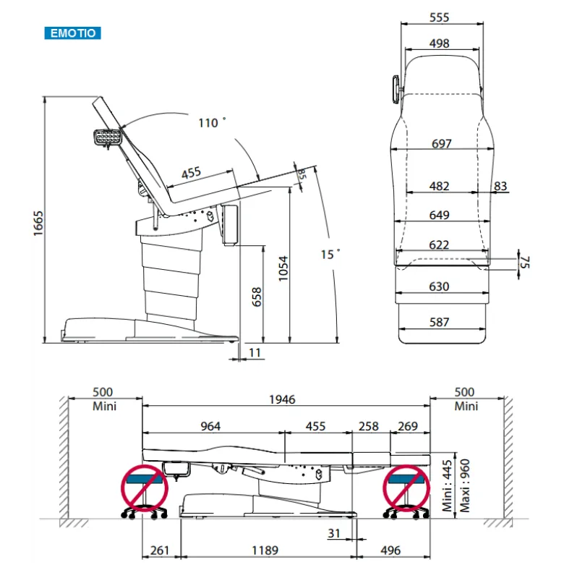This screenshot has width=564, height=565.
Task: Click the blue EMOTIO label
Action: (73, 33)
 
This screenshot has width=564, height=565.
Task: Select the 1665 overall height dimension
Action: (38, 224)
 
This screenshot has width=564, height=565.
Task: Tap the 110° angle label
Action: (212, 122)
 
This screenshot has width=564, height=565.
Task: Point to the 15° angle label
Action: (330, 255)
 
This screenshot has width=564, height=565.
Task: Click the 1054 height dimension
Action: (283, 268)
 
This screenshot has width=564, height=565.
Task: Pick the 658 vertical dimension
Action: (257, 297)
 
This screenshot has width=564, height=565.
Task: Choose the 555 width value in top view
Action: (439, 17)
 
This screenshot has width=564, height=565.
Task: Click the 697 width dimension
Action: (441, 143)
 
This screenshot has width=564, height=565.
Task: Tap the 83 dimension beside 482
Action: (500, 186)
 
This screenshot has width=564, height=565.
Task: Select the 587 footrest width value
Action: (439, 322)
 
